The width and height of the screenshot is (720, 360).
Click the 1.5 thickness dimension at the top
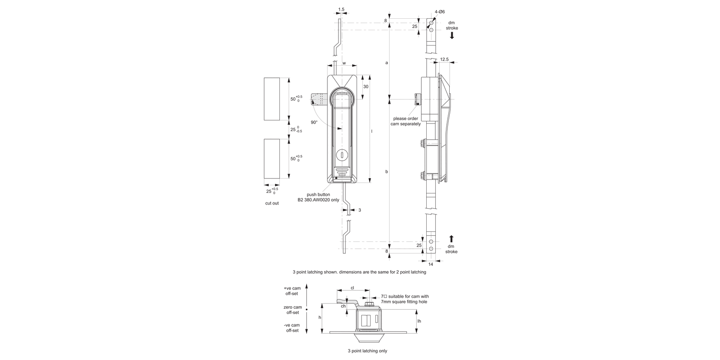point(341,9)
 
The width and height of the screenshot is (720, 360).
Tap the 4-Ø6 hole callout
point(440,12)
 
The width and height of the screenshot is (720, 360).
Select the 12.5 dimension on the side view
point(444,60)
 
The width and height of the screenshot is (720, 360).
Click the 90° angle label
point(314,122)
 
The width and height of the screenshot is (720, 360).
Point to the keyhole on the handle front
point(341,155)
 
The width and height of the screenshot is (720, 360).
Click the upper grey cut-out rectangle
point(272,98)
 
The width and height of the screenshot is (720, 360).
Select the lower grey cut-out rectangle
point(272,158)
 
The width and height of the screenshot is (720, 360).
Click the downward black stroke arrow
point(452,36)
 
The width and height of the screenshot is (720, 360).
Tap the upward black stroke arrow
point(452,239)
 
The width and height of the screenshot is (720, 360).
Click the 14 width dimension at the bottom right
point(430,264)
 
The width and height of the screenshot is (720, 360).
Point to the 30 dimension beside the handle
point(365,87)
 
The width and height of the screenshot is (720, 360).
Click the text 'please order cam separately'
point(407,121)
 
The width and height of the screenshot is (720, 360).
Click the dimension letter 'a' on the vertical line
point(386,62)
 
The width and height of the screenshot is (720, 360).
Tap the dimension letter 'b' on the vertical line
point(386,171)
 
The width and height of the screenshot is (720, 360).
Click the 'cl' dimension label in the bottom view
point(352,288)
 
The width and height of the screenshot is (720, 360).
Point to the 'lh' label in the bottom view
point(419,321)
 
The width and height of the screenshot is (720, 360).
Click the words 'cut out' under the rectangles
point(272,203)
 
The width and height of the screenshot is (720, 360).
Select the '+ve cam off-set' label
point(292,291)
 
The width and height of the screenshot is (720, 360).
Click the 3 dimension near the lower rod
point(360,210)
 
